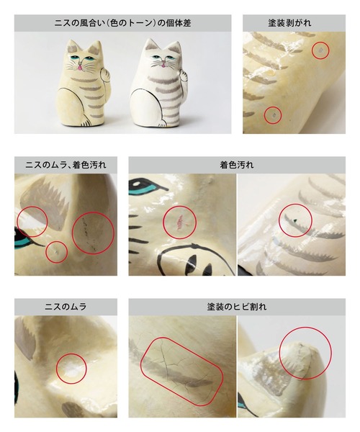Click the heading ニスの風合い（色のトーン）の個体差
click(x=122, y=23)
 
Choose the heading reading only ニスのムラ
click(x=65, y=307)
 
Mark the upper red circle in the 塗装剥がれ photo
click(x=320, y=50)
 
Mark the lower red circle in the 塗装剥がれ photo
click(x=272, y=114)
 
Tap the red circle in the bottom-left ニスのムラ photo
click(x=71, y=368)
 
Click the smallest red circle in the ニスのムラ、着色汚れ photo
click(x=56, y=251)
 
